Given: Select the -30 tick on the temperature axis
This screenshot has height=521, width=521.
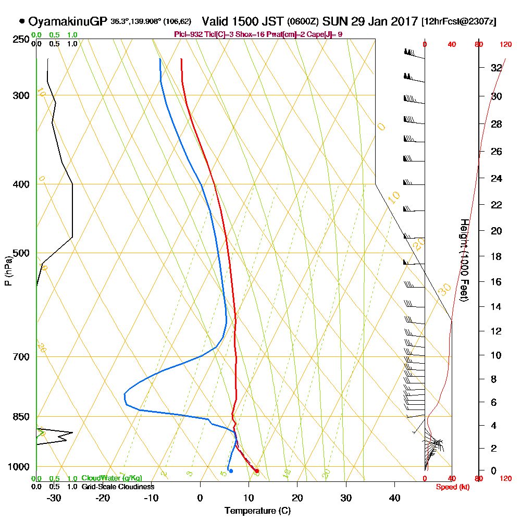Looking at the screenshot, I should coord(54,498).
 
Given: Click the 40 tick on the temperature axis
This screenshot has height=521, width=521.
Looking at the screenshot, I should coord(394,498).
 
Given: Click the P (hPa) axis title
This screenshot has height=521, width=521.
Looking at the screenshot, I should coord(8,270).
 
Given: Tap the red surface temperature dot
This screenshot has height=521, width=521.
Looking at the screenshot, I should coord(257,471).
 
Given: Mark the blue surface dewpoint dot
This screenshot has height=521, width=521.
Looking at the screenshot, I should coord(231,471).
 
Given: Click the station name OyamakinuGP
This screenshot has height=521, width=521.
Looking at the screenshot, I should coord(68,22).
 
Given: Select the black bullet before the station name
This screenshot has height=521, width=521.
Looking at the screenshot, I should coord(22,22).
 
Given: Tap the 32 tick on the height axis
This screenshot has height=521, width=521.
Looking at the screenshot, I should coord(496,67).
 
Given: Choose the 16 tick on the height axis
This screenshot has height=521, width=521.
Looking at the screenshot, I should coord(496,282).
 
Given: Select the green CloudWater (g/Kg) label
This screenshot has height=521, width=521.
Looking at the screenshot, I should coord(111,478).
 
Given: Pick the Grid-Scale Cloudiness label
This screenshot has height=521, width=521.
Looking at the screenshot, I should coord(118,487).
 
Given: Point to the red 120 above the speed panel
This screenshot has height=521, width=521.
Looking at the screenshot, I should coord(505,45).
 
